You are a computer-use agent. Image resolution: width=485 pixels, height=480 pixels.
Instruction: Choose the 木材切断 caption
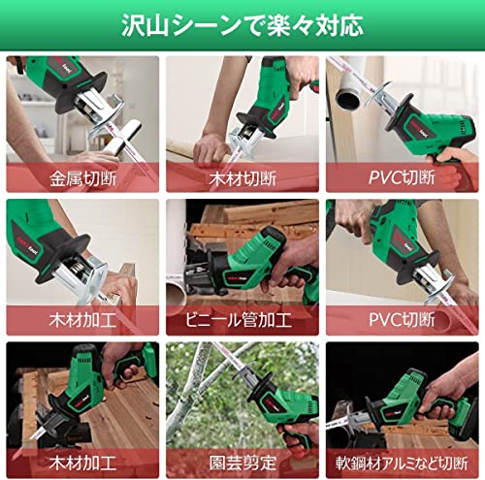242,176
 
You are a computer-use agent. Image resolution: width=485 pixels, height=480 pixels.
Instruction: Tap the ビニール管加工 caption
242,319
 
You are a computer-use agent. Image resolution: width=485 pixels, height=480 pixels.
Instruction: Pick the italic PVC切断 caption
402,176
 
